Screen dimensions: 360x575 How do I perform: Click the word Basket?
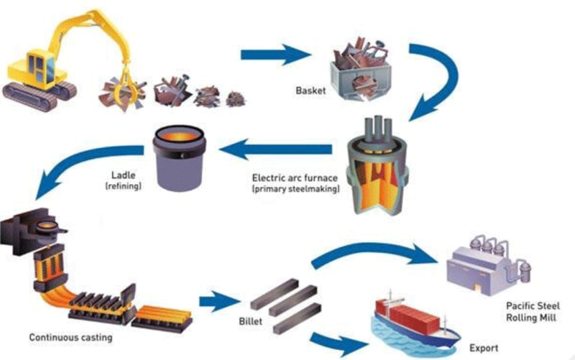tap(310, 91)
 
